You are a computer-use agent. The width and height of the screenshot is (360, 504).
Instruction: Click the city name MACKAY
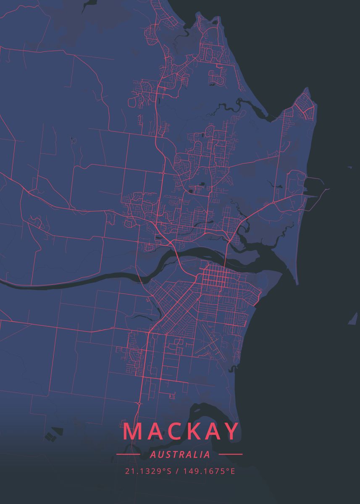click(x=181, y=432)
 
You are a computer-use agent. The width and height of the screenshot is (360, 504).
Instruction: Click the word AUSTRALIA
click(x=180, y=454)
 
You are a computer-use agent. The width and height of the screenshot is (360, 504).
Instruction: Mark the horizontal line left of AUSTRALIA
click(x=128, y=454)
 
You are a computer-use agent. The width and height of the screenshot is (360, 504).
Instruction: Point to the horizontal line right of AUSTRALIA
click(x=231, y=454)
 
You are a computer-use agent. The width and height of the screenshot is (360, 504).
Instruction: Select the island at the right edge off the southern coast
click(x=353, y=319)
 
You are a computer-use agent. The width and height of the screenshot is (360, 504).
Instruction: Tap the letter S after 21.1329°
click(x=169, y=471)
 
